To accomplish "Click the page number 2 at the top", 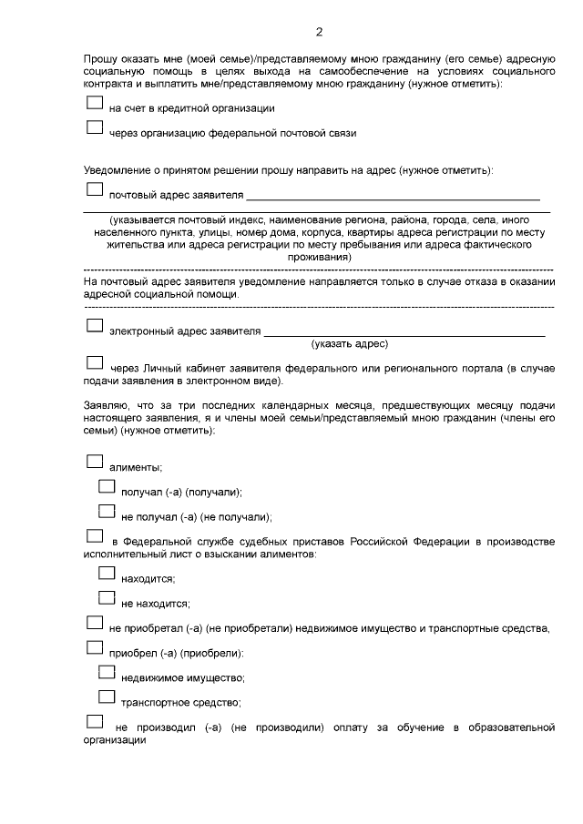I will pos(319,33).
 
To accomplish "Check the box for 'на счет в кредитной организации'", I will pos(95,104).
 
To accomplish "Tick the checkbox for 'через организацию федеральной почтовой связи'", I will pos(95,128).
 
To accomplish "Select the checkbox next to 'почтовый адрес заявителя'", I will pos(95,190).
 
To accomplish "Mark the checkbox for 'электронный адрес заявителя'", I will pos(95,325).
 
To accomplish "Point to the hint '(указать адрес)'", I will pos(350,344).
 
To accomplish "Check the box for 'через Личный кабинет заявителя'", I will pos(95,363).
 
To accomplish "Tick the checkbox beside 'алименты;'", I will pos(95,462).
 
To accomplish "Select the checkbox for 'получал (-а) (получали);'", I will pos(107,487).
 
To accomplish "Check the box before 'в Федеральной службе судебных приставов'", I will pos(95,536).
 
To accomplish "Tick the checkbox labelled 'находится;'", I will pos(107,574).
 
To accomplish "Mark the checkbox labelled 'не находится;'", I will pos(107,598).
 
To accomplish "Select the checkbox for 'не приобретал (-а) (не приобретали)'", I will pos(95,624).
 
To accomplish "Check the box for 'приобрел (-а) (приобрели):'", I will pos(95,648).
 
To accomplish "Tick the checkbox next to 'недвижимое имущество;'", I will pos(107,673).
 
